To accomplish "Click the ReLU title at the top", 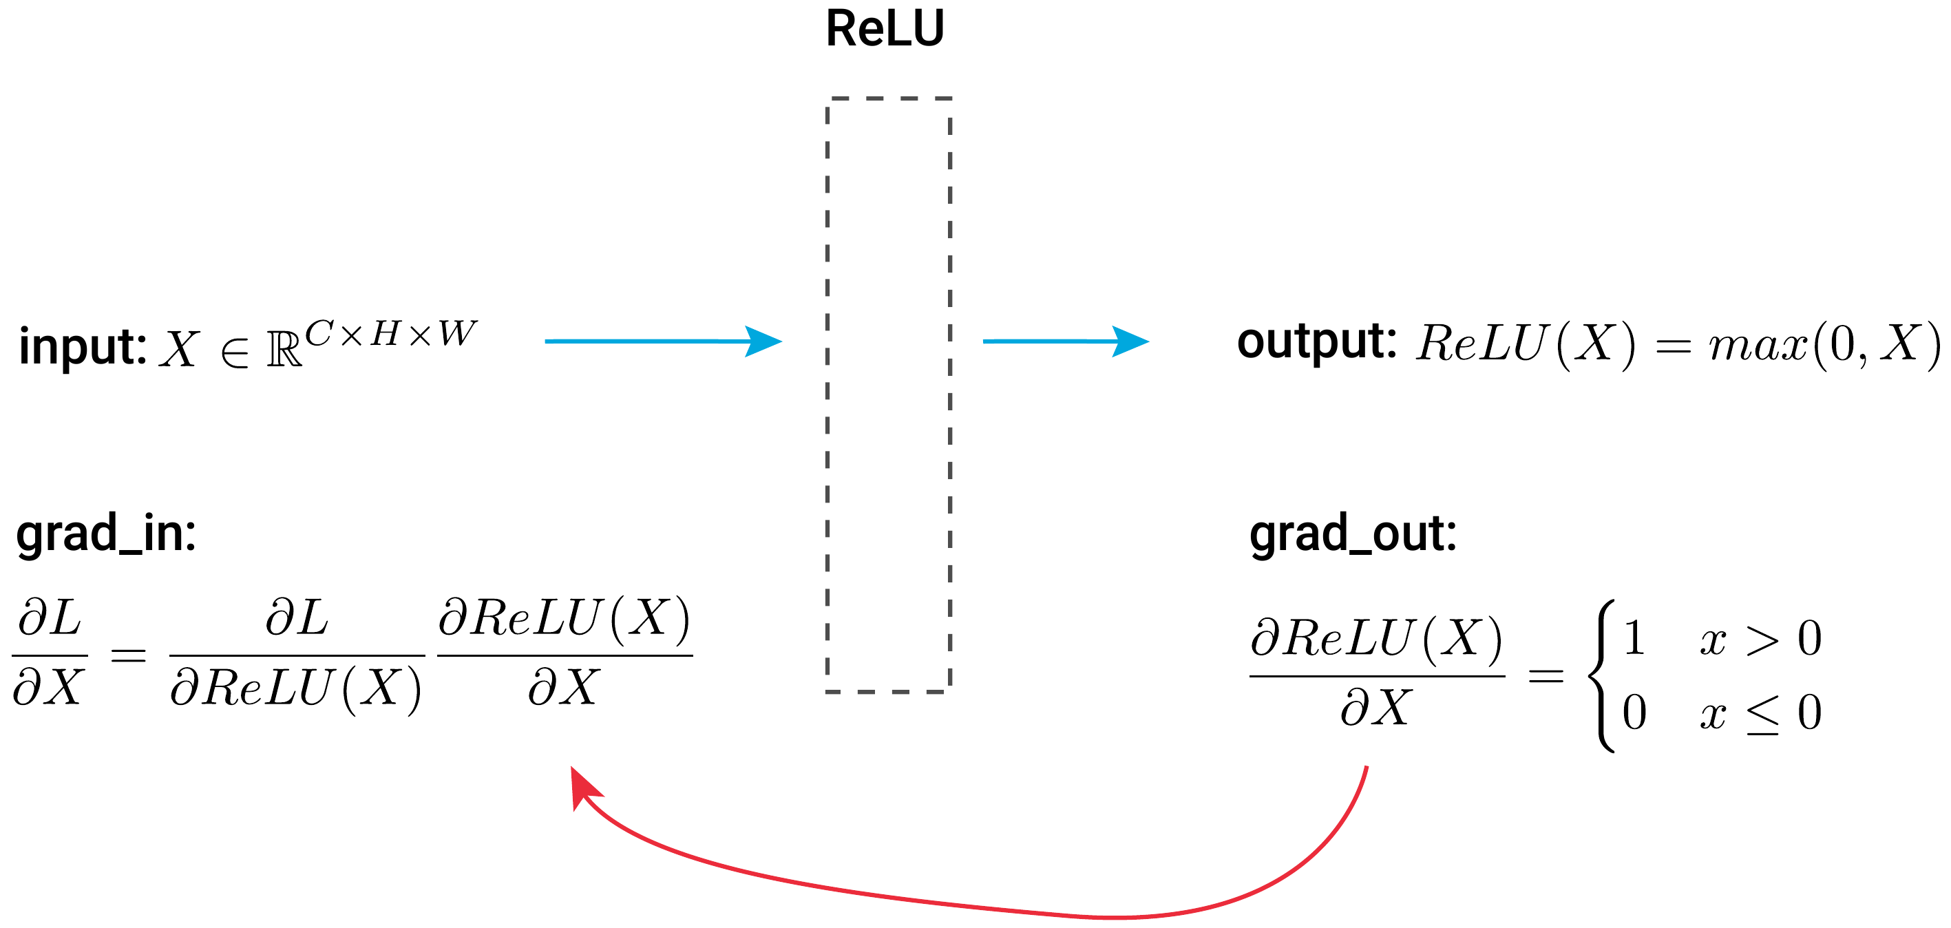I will coord(885,29).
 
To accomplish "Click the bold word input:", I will coord(82,347).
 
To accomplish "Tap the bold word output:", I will coord(1316,341).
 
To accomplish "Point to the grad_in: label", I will coord(106,534).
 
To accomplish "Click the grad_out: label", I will coord(1353,534).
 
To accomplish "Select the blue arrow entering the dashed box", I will coord(663,341).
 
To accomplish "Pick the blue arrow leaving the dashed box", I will coord(1065,341).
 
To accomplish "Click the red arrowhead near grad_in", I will coord(583,788).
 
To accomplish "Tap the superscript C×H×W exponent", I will coord(390,334).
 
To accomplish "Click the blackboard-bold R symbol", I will coord(284,350).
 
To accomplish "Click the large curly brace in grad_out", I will coord(1604,676).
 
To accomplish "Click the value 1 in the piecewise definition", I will coord(1634,639).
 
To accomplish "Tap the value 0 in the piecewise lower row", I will coord(1634,713).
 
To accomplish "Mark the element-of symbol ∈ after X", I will coord(235,352).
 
